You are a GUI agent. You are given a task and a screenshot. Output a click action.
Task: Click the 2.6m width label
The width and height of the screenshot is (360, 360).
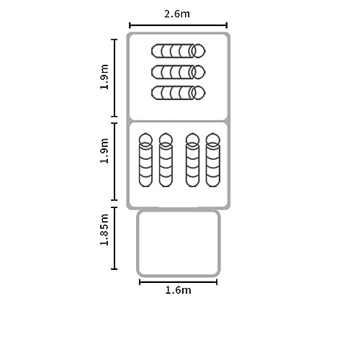(177, 14)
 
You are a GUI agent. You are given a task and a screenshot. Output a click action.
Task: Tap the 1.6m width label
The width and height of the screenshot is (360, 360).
(179, 290)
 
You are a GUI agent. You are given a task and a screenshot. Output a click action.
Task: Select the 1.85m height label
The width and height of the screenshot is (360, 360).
(104, 230)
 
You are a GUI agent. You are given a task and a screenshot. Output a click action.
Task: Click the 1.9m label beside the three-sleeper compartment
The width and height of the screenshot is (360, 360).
(104, 77)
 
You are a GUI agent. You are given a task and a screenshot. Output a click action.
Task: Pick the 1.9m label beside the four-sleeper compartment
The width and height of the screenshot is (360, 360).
(104, 150)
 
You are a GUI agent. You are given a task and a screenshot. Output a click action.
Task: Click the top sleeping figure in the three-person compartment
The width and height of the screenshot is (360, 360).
(179, 51)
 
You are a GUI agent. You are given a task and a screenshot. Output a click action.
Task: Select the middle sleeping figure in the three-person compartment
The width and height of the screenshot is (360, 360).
(179, 72)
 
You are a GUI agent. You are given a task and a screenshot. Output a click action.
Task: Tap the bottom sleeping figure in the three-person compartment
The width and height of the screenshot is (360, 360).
(179, 93)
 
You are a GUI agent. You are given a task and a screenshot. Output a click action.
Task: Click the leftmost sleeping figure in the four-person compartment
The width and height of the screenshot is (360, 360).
(145, 160)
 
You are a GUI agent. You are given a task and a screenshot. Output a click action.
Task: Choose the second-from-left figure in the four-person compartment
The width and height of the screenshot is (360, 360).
(166, 160)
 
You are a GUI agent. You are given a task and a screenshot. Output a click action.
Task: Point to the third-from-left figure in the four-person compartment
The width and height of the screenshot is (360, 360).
(192, 160)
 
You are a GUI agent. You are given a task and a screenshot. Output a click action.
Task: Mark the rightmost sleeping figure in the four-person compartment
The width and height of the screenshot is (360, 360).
(213, 160)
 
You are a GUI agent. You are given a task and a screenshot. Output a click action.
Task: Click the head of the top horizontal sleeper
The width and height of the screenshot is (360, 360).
(199, 51)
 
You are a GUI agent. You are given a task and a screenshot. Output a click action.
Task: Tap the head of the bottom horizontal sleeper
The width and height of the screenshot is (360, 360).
(199, 93)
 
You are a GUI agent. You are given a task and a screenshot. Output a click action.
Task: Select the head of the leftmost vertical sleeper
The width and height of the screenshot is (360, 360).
(145, 140)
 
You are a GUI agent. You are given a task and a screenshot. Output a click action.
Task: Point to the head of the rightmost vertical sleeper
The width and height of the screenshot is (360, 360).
(213, 140)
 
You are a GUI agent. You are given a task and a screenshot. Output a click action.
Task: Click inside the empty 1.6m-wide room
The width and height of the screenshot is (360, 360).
(179, 243)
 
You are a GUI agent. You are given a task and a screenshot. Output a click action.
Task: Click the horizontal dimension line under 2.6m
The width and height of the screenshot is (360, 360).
(178, 25)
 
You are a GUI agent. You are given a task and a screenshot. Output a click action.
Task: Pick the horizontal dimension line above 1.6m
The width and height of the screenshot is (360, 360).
(179, 282)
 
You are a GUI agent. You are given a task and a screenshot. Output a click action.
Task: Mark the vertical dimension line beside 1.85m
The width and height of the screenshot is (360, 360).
(114, 238)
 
